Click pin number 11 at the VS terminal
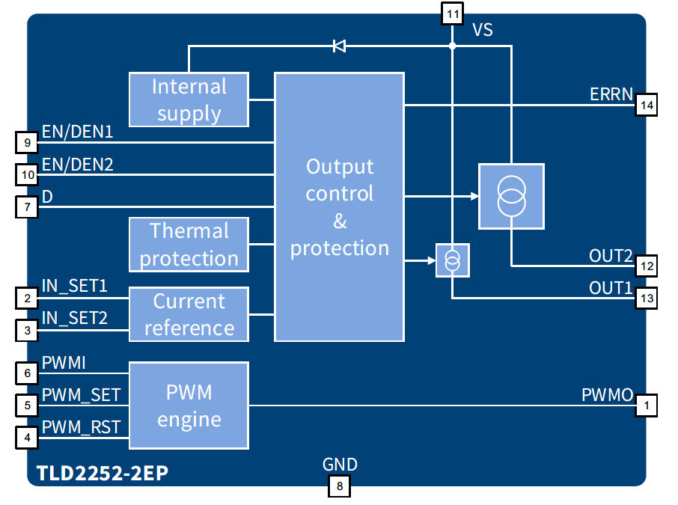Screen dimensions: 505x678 (x=452, y=13)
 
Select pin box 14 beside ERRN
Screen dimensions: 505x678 (x=646, y=106)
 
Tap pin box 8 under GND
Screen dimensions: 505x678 (x=339, y=486)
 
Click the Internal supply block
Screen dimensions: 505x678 (x=189, y=100)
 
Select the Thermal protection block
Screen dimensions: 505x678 (x=189, y=245)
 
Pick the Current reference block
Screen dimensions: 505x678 (x=189, y=314)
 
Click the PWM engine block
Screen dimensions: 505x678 (x=189, y=405)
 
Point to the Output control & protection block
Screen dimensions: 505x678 (x=339, y=207)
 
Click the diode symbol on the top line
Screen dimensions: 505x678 (x=339, y=46)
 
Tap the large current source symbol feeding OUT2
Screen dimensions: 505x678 (x=511, y=196)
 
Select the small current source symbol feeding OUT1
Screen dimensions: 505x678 (x=452, y=260)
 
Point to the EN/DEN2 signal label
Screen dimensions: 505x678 (x=77, y=164)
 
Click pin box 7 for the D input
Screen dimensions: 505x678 (x=27, y=207)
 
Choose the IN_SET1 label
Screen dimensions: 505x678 (x=74, y=286)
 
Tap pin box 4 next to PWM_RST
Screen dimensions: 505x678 (x=27, y=437)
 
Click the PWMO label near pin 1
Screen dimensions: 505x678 (x=607, y=394)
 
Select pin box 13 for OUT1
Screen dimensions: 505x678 (x=646, y=299)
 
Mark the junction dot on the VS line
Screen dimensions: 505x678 (x=452, y=46)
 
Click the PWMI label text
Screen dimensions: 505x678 (x=64, y=363)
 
